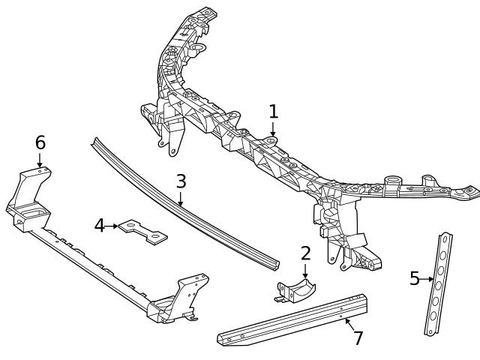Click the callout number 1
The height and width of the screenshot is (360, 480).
click(x=274, y=112)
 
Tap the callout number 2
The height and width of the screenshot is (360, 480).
click(x=305, y=253)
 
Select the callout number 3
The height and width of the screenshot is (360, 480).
click(x=181, y=181)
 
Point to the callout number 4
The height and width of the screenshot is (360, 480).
click(x=99, y=225)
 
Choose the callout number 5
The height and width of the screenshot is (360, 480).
click(x=415, y=279)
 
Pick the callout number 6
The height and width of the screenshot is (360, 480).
click(x=40, y=142)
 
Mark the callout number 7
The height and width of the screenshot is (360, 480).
click(x=358, y=338)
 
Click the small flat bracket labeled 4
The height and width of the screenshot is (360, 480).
click(x=142, y=231)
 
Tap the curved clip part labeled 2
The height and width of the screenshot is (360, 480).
click(x=294, y=290)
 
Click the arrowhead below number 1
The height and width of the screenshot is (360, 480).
click(x=273, y=134)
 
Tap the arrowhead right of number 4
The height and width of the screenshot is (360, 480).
click(x=117, y=225)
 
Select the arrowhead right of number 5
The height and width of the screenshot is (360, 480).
click(x=432, y=280)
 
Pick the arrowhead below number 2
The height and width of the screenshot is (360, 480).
click(x=305, y=277)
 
